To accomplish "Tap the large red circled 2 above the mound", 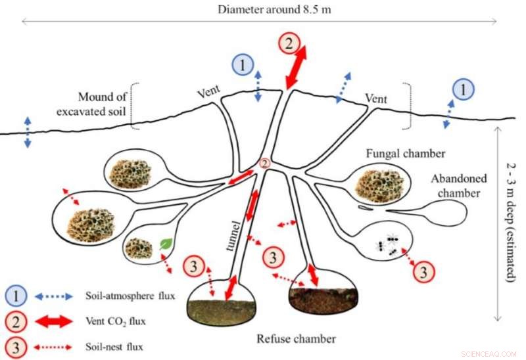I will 288,44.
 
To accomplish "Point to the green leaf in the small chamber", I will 166,244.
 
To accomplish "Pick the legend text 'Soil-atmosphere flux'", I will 131,296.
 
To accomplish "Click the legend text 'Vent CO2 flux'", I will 115,321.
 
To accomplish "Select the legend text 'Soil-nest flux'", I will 116,345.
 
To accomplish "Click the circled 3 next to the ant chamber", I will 424,269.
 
